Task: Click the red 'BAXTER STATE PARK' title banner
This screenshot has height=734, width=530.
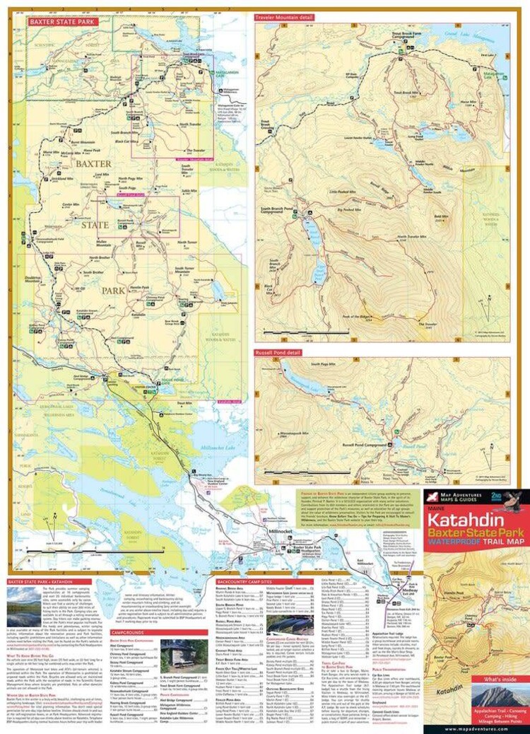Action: pos(62,22)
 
